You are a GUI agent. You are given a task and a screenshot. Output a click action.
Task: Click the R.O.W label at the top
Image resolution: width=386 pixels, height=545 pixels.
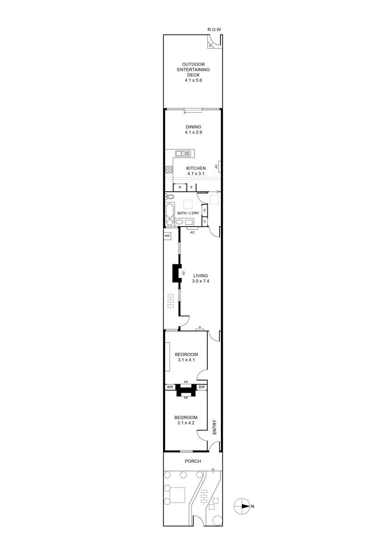[x=214, y=30]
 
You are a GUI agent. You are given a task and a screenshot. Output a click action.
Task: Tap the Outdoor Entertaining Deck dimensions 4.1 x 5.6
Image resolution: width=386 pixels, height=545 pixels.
[x=193, y=80]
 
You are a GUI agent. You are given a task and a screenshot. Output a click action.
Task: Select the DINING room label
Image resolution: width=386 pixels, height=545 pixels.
[x=193, y=127]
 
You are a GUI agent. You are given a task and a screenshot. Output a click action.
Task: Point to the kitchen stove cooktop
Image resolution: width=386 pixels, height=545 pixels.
[x=169, y=169]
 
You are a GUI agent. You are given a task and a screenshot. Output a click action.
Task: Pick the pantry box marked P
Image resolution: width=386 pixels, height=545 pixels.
[x=180, y=187]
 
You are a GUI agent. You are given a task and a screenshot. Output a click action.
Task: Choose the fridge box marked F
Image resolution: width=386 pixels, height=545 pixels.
[x=191, y=187]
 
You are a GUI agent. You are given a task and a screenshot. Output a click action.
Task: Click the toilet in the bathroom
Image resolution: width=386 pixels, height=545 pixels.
[x=170, y=197]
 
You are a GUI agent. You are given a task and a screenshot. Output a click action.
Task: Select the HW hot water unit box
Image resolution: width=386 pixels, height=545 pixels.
[x=167, y=236]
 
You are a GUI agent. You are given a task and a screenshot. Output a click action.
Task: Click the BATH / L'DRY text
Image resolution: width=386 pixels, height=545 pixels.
[x=188, y=213]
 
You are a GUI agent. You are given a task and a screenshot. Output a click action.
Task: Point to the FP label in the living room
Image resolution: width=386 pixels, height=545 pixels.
[x=183, y=273]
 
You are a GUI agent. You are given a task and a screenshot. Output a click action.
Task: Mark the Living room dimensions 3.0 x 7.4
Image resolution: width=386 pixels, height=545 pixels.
[x=201, y=281]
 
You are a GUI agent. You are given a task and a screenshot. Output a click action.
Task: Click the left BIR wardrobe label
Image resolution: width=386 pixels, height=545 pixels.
[x=170, y=387]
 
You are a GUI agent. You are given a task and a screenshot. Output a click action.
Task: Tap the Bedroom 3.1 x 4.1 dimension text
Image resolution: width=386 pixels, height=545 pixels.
[x=186, y=360]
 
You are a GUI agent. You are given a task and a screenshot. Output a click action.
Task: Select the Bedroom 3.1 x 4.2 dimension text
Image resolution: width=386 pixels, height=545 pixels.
[x=186, y=423]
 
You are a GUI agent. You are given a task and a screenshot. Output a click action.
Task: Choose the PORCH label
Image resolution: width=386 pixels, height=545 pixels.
[x=193, y=461]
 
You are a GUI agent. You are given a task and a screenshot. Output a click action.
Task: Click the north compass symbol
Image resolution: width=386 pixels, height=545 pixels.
[x=242, y=506]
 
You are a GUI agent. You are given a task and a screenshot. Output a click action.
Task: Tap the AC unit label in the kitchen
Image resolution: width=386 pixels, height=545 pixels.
[x=216, y=166]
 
